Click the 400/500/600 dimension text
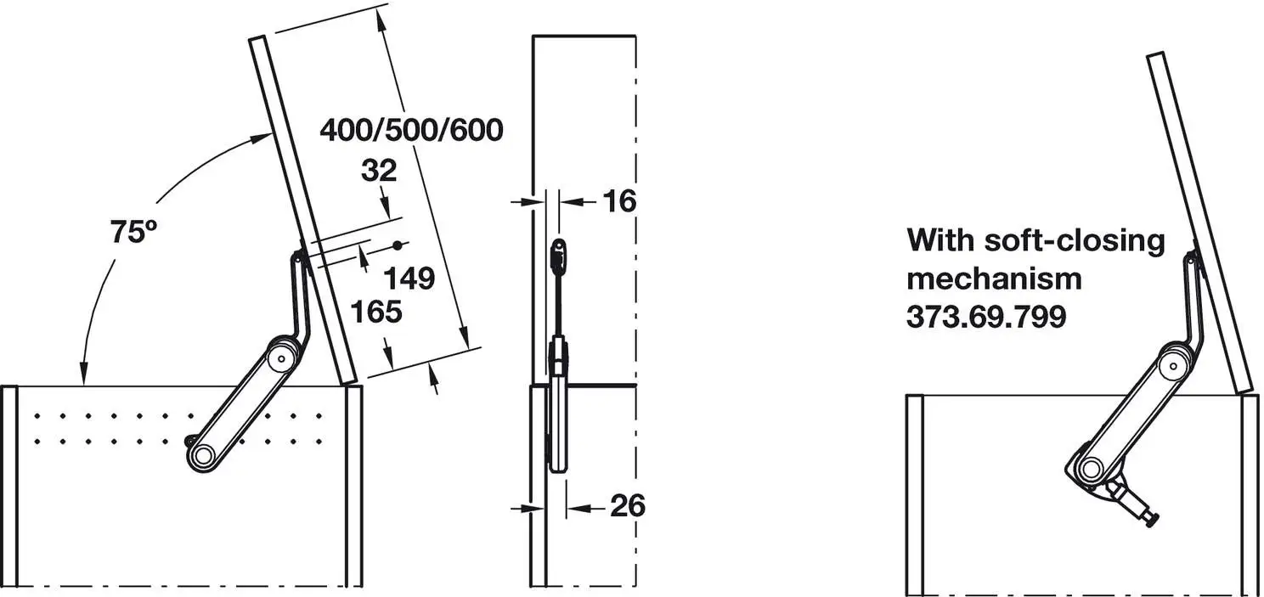(411, 130)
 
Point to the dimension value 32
(379, 172)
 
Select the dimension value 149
(409, 278)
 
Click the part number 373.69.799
(985, 317)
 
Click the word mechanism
(994, 279)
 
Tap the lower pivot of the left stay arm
(202, 456)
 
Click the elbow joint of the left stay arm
(278, 357)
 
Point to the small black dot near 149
(397, 245)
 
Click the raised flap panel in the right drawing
(1199, 221)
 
